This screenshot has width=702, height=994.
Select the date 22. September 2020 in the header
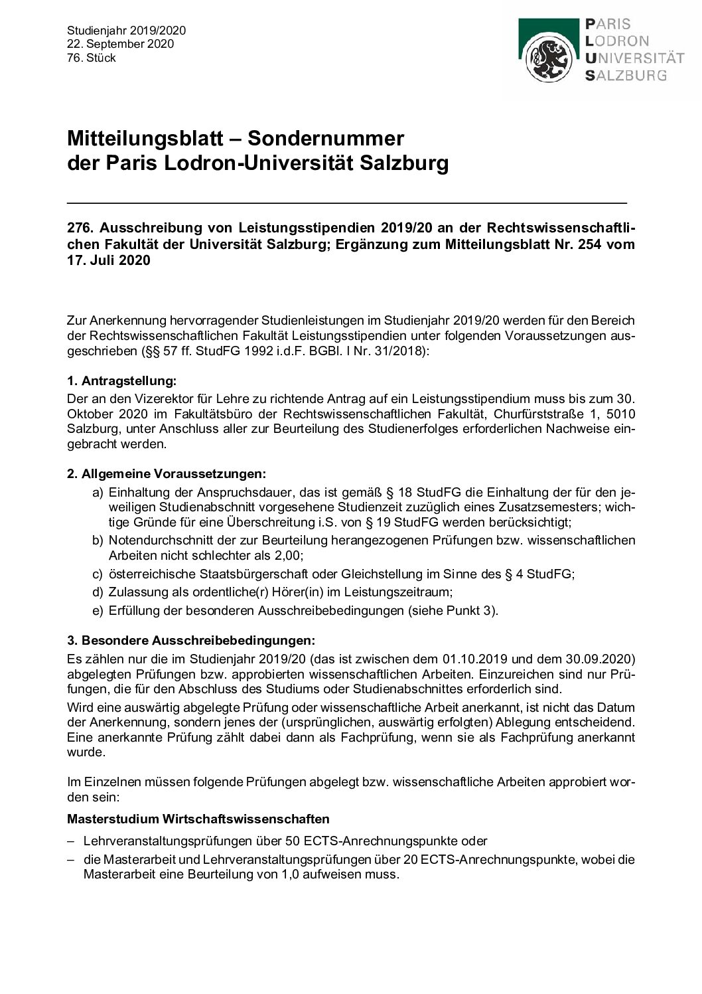[x=120, y=44]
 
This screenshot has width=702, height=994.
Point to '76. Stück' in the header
[x=92, y=58]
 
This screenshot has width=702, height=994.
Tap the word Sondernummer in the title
[x=325, y=139]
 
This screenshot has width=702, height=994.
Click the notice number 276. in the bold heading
[x=80, y=228]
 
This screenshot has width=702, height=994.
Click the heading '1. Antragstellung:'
[x=122, y=381]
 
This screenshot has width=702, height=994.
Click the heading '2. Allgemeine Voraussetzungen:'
[x=167, y=474]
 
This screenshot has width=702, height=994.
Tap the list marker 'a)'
[x=98, y=493]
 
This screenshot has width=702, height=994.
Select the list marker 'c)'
[x=98, y=574]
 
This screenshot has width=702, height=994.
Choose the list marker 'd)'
[x=98, y=592]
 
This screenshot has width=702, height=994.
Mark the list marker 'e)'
[x=98, y=610]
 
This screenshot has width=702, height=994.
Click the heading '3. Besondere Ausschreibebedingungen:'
[x=191, y=641]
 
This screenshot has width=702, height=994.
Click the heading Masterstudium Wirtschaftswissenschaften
[x=198, y=819]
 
